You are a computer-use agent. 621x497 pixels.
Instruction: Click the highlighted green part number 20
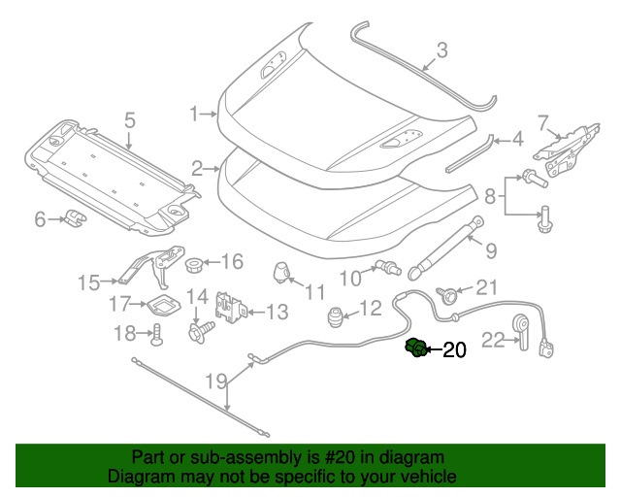415,347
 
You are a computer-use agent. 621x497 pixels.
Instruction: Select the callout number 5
129,120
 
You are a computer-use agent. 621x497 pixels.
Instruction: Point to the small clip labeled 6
73,219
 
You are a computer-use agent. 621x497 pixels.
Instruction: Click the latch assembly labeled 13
229,309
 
